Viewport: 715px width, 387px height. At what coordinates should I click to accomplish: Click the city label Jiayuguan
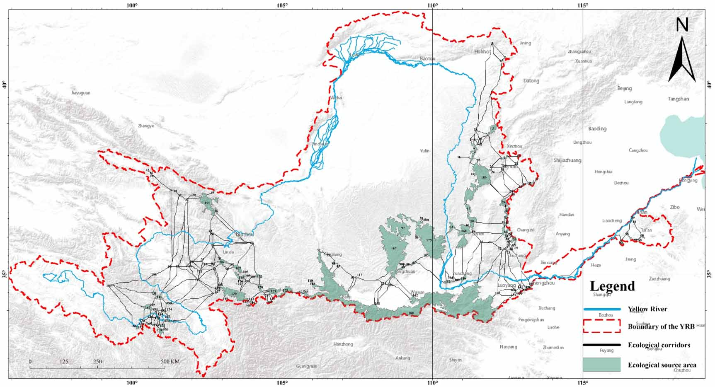coord(80,93)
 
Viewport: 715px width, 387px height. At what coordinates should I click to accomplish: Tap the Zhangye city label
coord(146,126)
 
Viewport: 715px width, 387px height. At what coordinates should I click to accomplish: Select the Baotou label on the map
coord(428,59)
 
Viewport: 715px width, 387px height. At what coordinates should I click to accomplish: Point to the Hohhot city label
coord(482,52)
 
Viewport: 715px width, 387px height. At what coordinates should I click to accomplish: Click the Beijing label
coord(624,88)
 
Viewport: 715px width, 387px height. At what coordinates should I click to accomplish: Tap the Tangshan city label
coord(678,99)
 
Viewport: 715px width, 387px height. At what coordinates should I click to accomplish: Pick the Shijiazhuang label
coord(567,160)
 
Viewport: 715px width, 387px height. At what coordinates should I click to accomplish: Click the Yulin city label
coord(424,151)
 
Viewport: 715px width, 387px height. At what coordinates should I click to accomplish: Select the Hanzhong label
coord(343,344)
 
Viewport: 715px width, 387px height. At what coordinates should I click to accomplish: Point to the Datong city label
coord(531,81)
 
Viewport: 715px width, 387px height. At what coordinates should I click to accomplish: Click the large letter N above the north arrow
coord(682,25)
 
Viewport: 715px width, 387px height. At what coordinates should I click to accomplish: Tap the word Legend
coord(612,286)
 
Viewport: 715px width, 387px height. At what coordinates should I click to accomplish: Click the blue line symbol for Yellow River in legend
coord(601,309)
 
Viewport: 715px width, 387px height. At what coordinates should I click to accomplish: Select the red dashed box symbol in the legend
coord(601,326)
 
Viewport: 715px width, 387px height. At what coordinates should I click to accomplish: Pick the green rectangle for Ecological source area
coord(601,365)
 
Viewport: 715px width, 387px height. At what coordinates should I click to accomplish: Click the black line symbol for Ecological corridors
coord(601,345)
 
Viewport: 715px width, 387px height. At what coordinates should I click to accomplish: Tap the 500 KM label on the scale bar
coord(170,362)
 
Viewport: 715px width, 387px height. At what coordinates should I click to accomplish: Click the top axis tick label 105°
coord(282,5)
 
